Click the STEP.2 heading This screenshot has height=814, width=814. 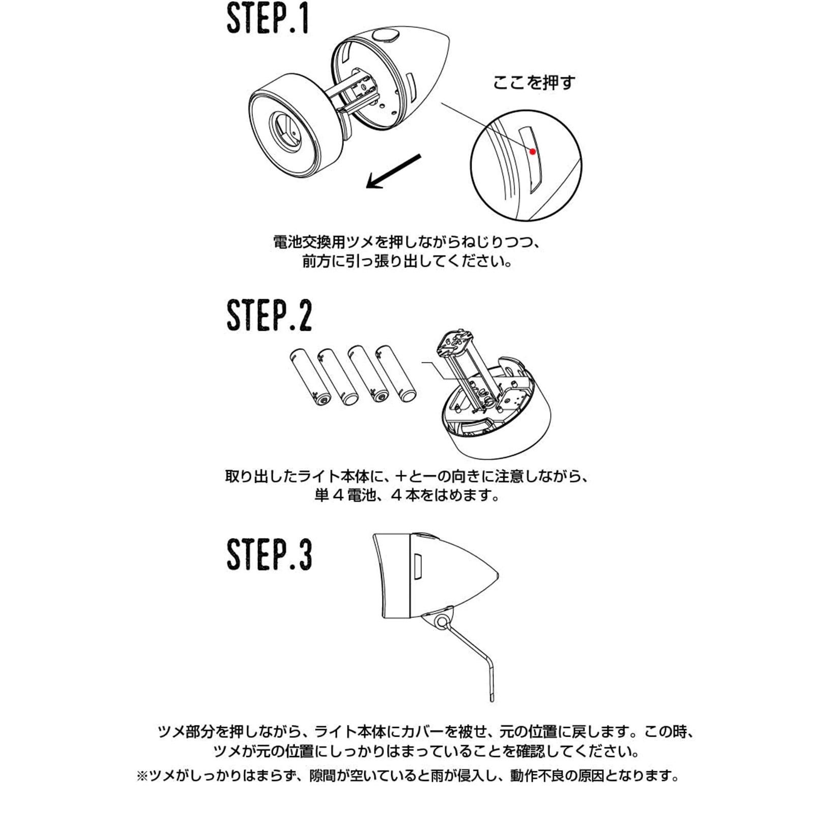point(269,315)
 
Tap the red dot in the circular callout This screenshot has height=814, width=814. point(533,151)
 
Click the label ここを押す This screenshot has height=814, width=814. point(534,82)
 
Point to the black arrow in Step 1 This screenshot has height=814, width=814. point(393,171)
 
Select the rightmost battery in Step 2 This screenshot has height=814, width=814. point(395,374)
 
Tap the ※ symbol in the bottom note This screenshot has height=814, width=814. point(142,776)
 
